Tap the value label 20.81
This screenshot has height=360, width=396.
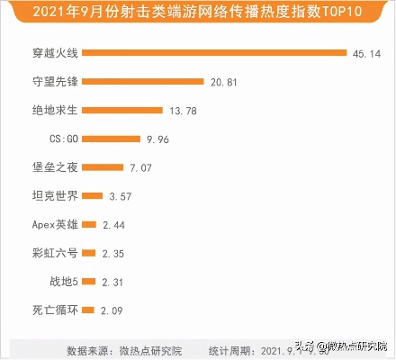click(x=225, y=81)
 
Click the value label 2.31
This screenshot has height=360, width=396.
click(x=112, y=282)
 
